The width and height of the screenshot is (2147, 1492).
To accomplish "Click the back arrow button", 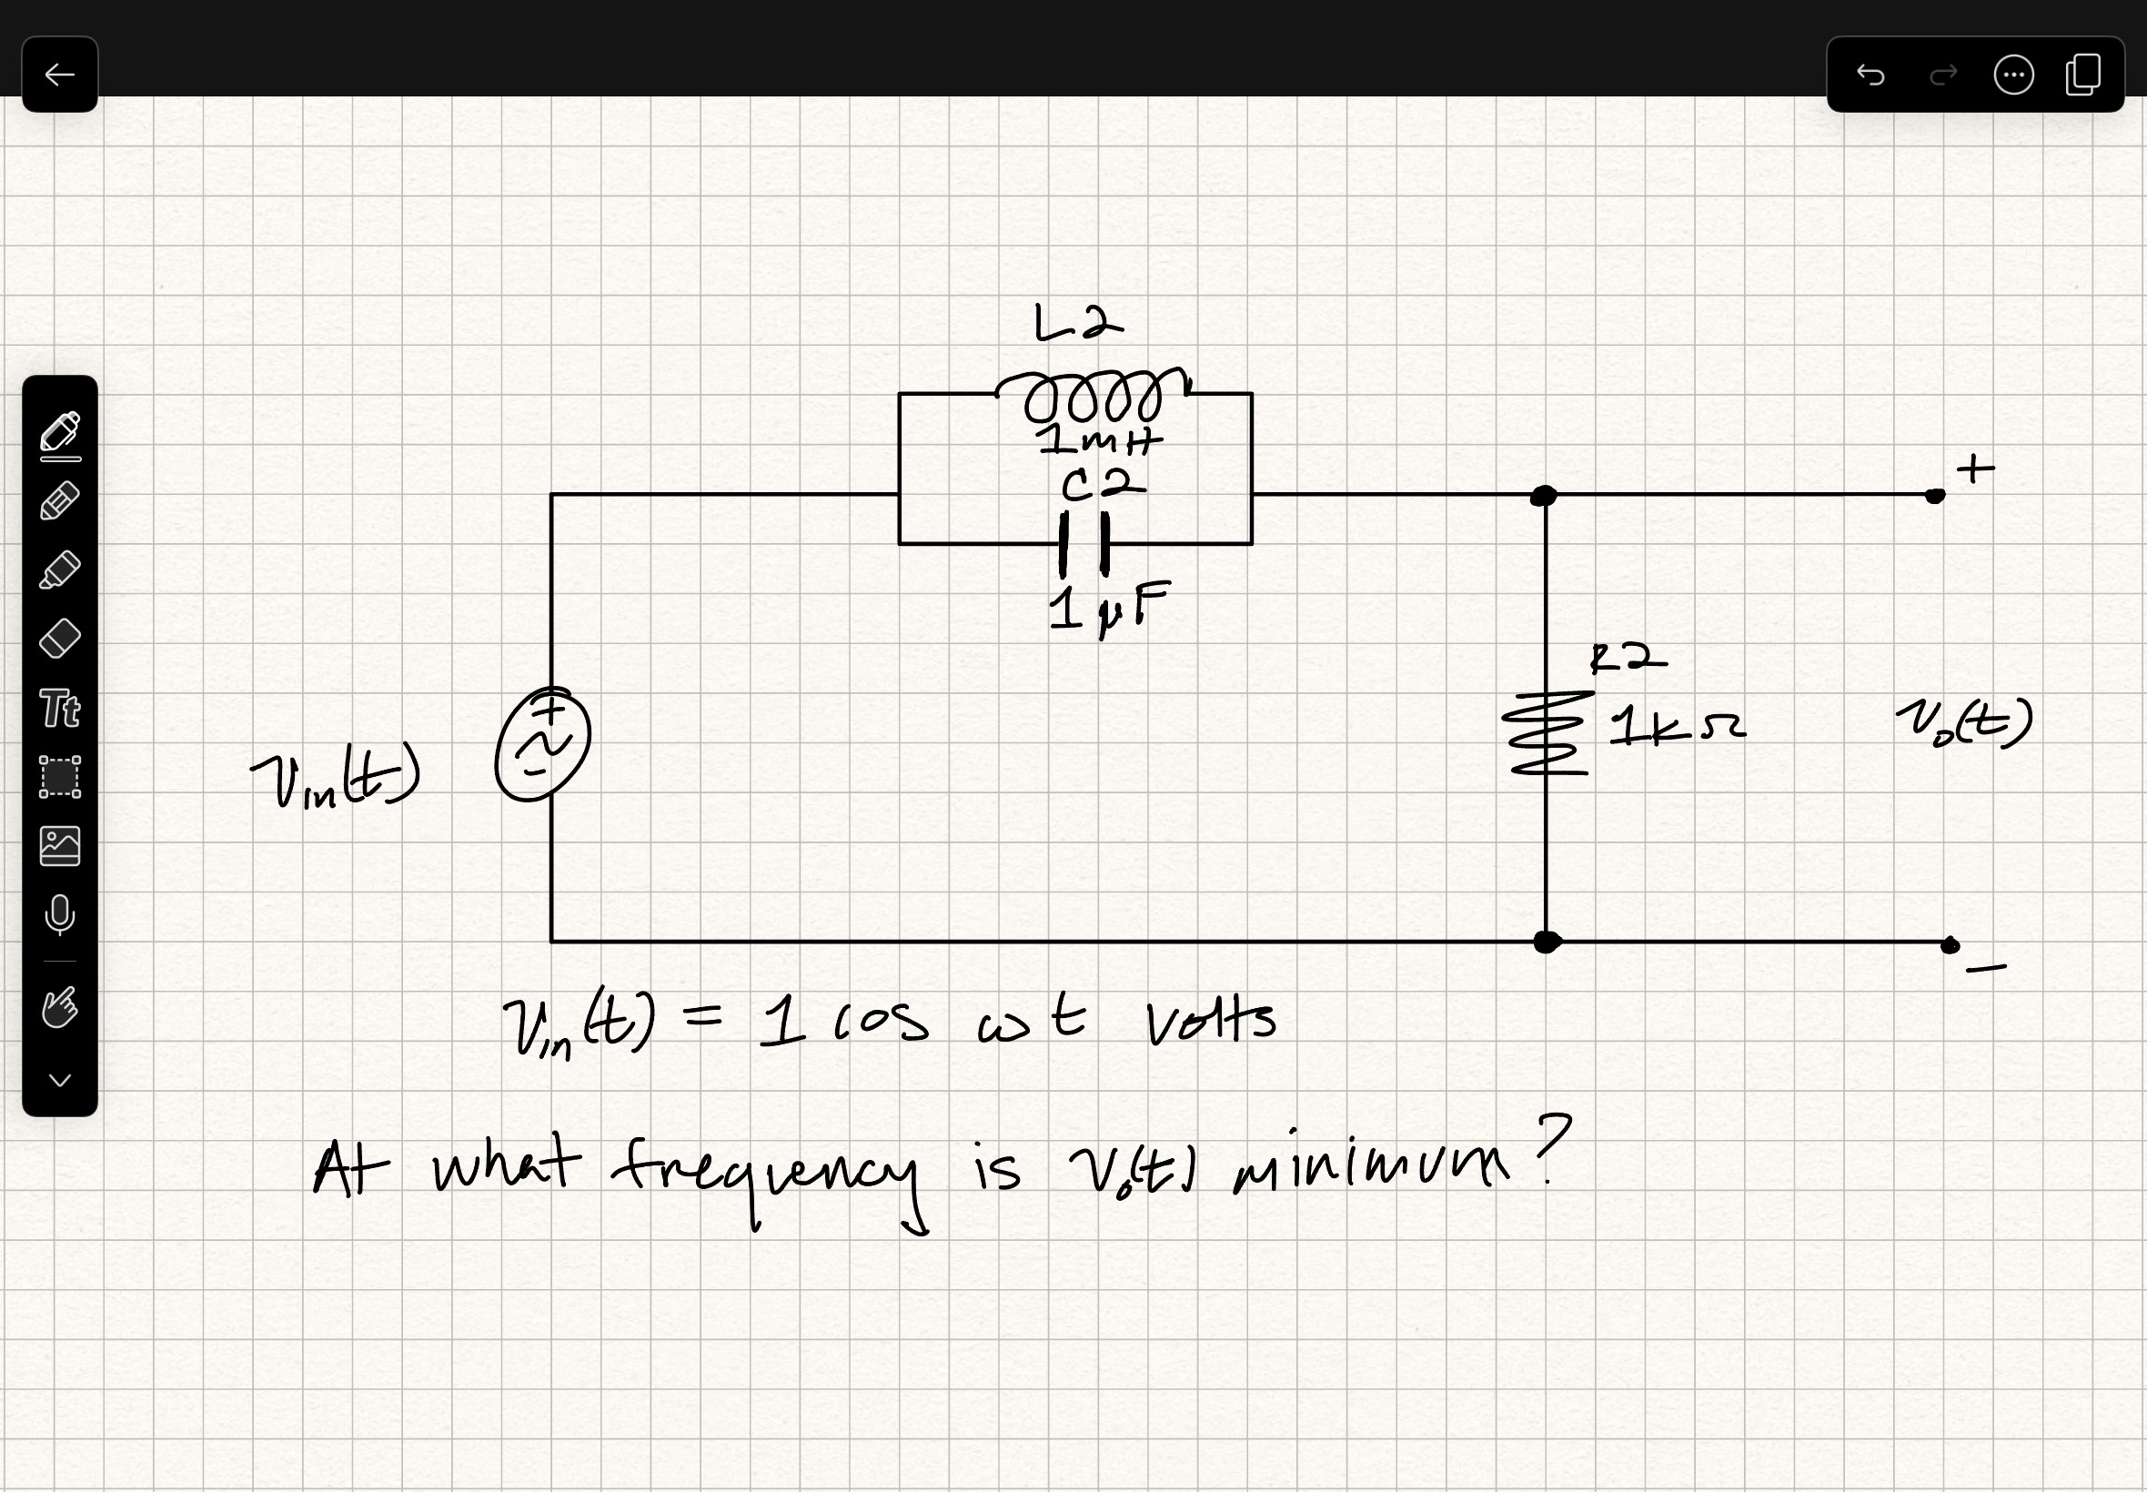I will [x=60, y=75].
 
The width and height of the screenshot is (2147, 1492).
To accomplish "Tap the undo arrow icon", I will [x=1870, y=75].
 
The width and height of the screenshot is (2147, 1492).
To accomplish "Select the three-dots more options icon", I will [x=2013, y=75].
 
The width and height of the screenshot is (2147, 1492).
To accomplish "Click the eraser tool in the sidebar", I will [x=60, y=640].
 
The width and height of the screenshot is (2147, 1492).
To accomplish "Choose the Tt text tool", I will [x=60, y=709].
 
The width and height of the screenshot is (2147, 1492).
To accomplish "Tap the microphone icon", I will [x=60, y=914].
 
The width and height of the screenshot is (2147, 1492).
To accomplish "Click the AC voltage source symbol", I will [x=543, y=745].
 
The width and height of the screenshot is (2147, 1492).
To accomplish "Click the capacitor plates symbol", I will [x=1084, y=543].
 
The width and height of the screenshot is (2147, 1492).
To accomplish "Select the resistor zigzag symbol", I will [x=1547, y=735].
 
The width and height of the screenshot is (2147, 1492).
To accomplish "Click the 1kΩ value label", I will [x=1676, y=727].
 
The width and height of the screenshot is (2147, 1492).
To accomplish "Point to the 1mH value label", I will [x=1101, y=440].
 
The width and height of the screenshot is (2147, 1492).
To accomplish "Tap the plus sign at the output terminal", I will [x=1975, y=469].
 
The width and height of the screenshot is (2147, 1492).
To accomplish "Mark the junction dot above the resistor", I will [x=1544, y=496].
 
